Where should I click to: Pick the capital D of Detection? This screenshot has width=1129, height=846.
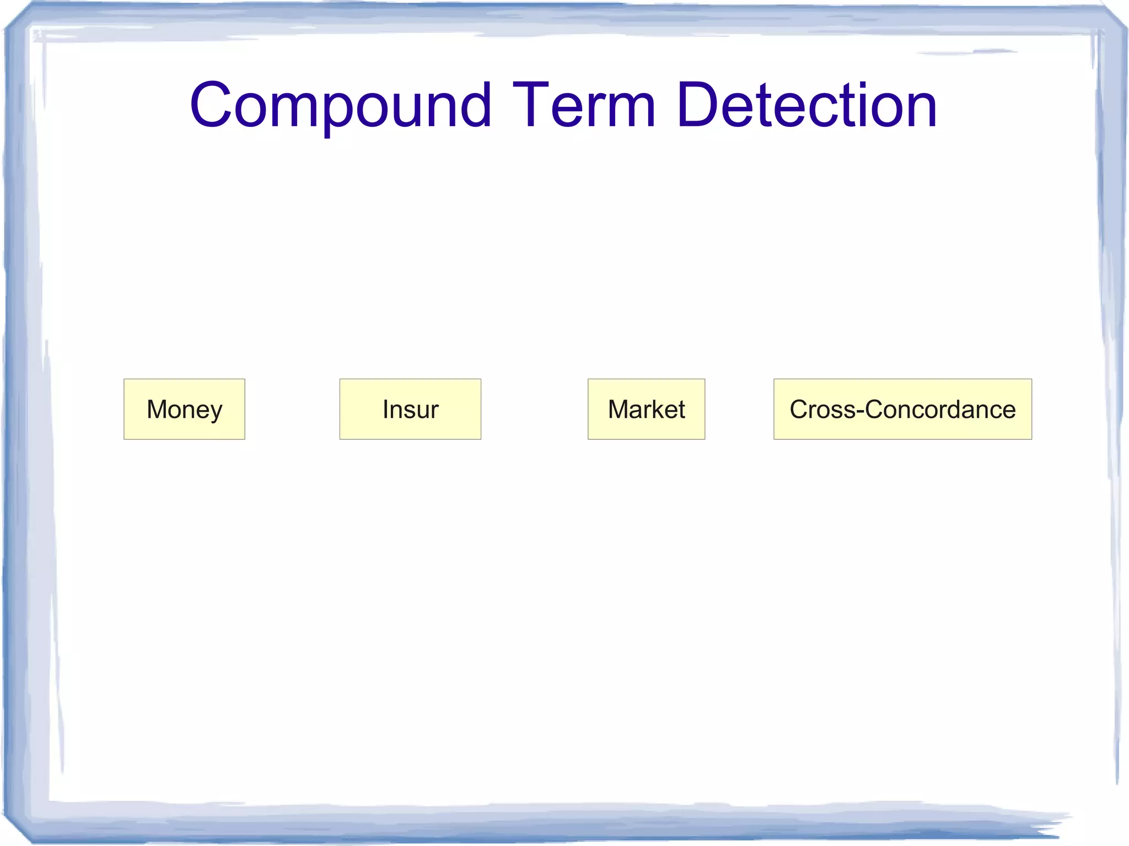click(697, 105)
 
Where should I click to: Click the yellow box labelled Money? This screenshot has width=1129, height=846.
click(184, 409)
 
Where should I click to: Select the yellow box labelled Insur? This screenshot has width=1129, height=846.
click(410, 409)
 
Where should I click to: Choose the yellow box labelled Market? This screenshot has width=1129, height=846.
click(646, 409)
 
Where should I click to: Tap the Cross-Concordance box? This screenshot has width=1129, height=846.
click(902, 409)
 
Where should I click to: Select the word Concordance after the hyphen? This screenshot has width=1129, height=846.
click(940, 409)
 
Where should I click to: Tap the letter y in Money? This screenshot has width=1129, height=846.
click(216, 412)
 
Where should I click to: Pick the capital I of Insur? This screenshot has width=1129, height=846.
click(385, 409)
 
